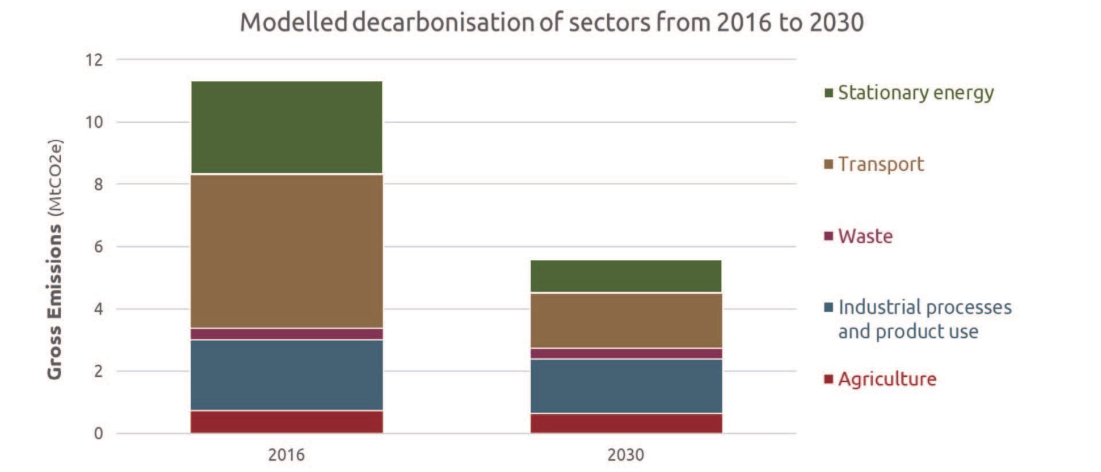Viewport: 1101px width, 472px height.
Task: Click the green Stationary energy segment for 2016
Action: point(286,127)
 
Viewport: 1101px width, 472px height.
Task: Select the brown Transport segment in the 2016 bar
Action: point(286,251)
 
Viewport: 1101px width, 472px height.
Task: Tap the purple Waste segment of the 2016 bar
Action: point(286,334)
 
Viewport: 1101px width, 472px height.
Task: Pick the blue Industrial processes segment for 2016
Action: point(286,375)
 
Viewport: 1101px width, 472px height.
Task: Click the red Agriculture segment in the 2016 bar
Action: point(286,422)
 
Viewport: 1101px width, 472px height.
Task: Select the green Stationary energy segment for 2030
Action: point(626,276)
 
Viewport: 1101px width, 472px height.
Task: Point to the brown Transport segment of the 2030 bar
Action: point(626,321)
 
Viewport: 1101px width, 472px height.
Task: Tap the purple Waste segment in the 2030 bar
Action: point(626,353)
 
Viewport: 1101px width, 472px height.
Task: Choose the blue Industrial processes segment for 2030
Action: point(626,386)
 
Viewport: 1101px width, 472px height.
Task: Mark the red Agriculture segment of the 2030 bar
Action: point(626,423)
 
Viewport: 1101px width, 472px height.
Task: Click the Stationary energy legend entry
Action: point(915,92)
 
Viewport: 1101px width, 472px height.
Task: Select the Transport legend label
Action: point(880,164)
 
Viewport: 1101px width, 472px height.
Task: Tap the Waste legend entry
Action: point(865,236)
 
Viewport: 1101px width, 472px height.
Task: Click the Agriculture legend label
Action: point(887,379)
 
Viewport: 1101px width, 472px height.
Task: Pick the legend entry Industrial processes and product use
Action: point(924,319)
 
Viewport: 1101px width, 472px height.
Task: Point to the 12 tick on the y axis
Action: point(94,60)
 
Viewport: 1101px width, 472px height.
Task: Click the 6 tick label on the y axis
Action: point(98,247)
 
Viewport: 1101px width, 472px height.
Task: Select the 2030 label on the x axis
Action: point(626,455)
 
